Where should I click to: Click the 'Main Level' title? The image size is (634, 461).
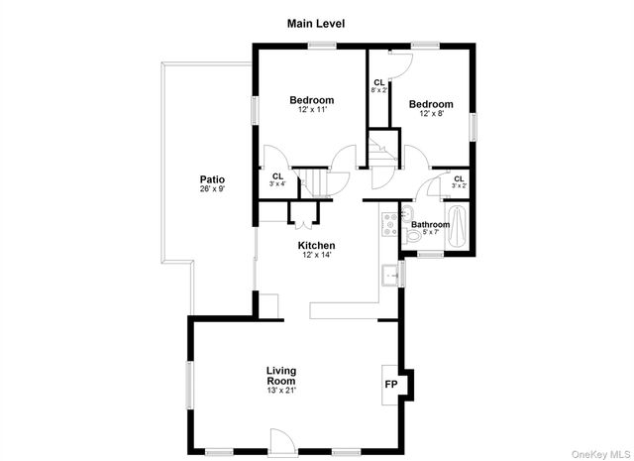tap(316, 23)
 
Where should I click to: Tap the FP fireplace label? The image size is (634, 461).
tap(391, 384)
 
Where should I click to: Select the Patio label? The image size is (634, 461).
tap(212, 179)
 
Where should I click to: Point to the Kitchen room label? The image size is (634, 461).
tap(317, 245)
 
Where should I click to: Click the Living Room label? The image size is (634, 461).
tap(281, 376)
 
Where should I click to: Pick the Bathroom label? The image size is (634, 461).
tap(431, 224)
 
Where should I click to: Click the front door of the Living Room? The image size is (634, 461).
tap(281, 441)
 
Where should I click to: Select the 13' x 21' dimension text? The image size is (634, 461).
tap(281, 390)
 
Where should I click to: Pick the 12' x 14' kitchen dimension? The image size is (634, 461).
tap(317, 255)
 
